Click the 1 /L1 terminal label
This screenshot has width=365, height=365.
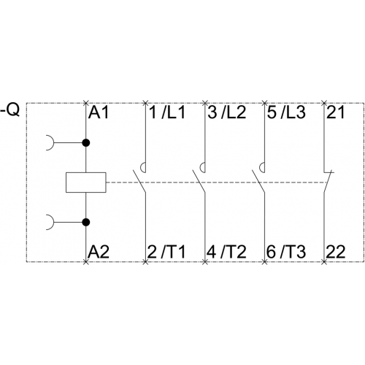[167, 112]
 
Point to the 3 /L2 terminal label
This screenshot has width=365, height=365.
[227, 112]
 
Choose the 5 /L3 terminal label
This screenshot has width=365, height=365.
[286, 112]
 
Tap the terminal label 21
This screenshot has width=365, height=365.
[336, 112]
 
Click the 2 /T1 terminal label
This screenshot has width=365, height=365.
[166, 252]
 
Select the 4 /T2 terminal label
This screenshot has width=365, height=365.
[226, 252]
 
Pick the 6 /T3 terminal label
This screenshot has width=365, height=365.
[286, 252]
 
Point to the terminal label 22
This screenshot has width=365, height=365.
[336, 252]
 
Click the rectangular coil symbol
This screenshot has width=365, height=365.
[86, 182]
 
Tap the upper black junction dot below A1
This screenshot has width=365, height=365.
[86, 142]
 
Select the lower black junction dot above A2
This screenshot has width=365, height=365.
[86, 222]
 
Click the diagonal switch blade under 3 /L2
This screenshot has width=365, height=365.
[199, 182]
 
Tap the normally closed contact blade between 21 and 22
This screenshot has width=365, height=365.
[327, 182]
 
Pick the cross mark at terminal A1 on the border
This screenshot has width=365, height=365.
[85, 103]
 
